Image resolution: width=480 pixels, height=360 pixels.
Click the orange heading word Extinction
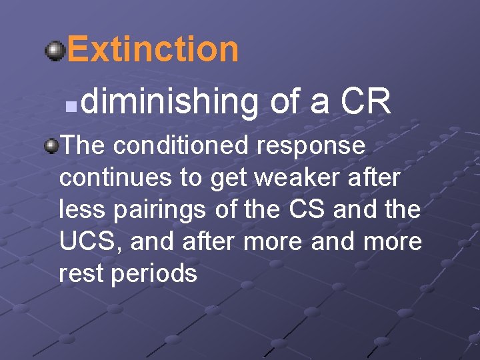152,49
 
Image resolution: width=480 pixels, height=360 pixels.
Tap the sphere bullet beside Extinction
55,50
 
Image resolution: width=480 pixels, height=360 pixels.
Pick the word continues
114,178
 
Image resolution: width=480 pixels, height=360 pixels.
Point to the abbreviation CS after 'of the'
308,209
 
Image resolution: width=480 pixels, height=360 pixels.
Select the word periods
154,274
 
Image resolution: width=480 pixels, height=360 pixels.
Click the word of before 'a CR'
287,101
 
